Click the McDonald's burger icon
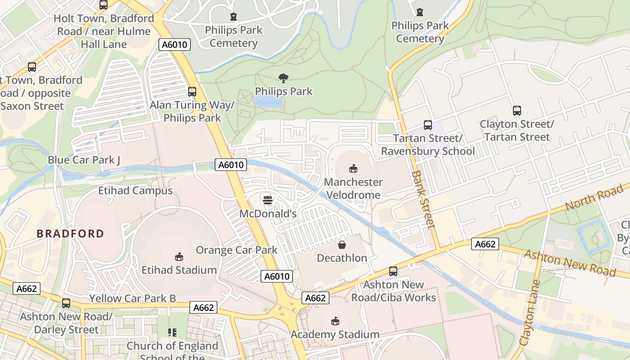coord(268,200)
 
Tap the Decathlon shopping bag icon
coord(342,245)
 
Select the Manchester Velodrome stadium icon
coord(353,169)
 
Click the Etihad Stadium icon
coord(179,257)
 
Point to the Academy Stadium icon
coord(335,321)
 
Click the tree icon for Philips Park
coord(283,78)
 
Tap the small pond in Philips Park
coord(268,102)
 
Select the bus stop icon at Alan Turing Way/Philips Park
coord(192,92)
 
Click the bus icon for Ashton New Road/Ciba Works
coord(393,271)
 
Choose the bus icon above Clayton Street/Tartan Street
coord(517,111)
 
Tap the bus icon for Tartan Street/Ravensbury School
coord(427,125)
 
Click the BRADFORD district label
coord(70,234)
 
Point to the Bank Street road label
coord(424,199)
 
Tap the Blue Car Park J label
coord(84,160)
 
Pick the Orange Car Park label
coord(237,250)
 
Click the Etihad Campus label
coord(135,190)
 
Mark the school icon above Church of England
coord(172,333)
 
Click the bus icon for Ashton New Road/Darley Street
coord(66,303)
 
